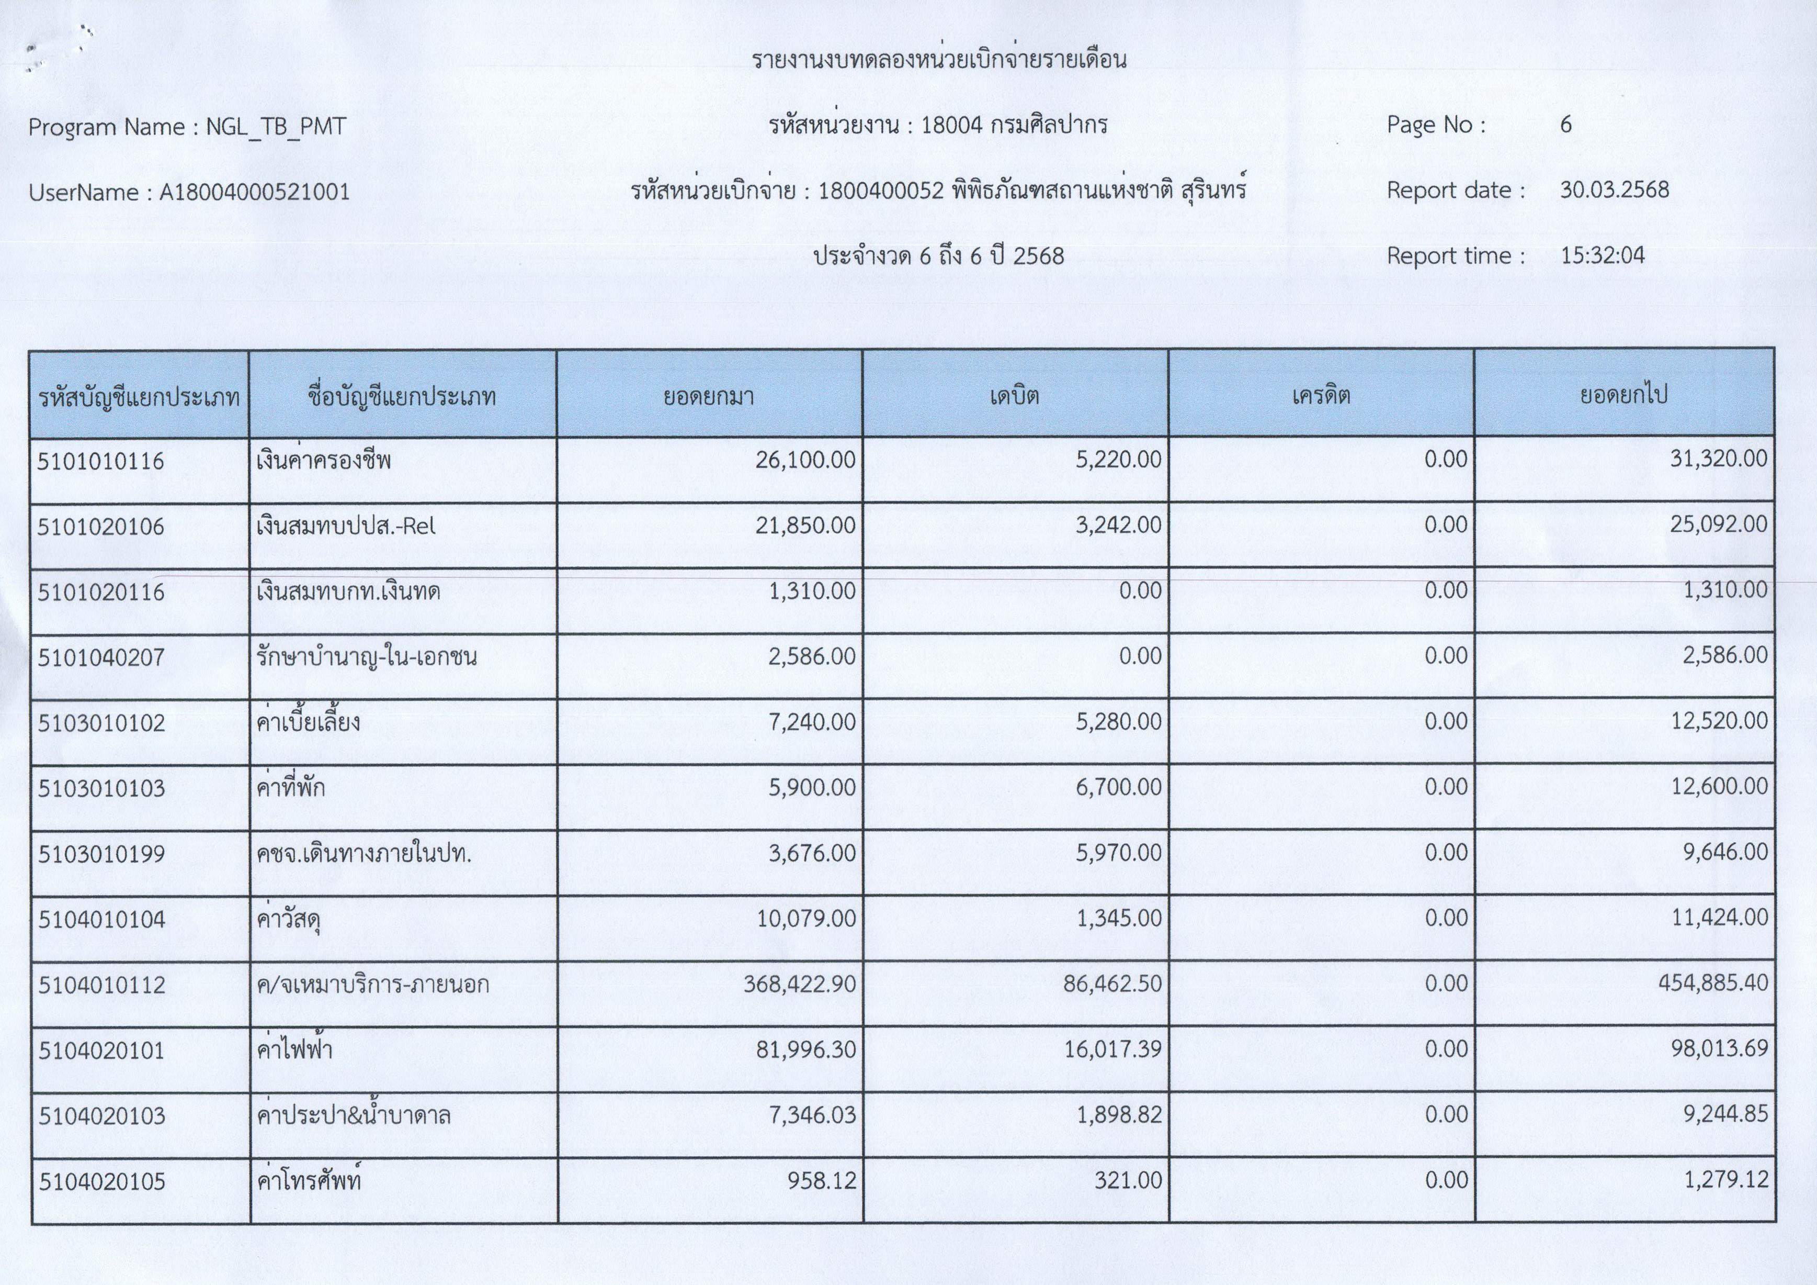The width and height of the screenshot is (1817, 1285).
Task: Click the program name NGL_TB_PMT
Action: point(276,127)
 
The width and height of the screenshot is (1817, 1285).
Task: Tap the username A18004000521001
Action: point(254,193)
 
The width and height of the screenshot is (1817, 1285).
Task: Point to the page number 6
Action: point(1565,124)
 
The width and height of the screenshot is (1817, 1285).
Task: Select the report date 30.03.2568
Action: point(1615,190)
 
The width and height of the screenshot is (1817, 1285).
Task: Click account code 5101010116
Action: point(100,461)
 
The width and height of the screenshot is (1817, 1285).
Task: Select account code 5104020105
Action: point(102,1181)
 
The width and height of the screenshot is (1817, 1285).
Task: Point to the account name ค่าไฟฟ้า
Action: point(294,1050)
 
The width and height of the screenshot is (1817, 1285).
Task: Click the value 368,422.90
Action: point(799,984)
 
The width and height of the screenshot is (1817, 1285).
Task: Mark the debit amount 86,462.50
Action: point(1112,984)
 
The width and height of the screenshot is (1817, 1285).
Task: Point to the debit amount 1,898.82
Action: point(1119,1115)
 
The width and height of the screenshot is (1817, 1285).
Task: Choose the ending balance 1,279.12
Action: point(1725,1180)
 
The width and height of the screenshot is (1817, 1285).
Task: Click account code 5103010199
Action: point(101,854)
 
